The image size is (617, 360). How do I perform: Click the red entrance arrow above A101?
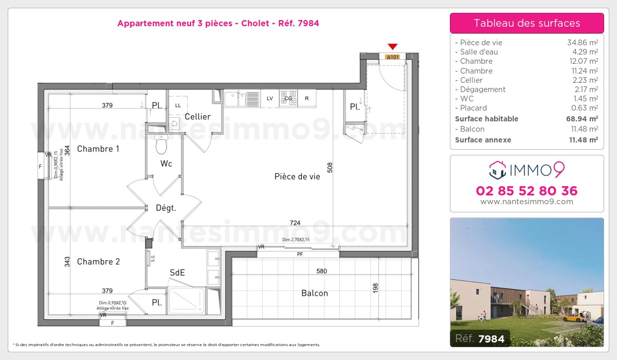(392, 46)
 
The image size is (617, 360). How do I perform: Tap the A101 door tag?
(392, 57)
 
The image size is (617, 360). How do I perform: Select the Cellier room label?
(197, 117)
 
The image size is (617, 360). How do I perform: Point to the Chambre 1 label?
(98, 149)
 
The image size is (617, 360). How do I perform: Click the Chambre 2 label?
(98, 262)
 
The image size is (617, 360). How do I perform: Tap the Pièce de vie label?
(297, 176)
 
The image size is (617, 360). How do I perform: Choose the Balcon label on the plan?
(314, 293)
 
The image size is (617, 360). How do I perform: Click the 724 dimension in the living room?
(295, 223)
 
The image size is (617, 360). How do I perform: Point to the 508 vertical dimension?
(330, 168)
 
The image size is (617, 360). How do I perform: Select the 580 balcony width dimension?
(321, 271)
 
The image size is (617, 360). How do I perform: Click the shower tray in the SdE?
(187, 300)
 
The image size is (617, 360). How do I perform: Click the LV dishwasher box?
(269, 98)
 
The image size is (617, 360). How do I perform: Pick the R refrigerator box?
(307, 98)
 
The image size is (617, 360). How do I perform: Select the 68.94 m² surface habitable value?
(582, 119)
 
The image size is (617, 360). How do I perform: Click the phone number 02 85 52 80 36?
(527, 191)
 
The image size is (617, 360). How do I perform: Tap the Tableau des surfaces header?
(527, 23)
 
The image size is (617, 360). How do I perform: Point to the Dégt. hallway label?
(166, 208)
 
